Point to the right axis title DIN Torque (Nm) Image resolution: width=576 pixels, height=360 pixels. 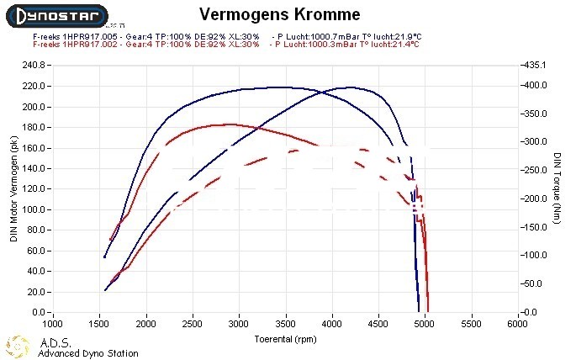tap(557, 188)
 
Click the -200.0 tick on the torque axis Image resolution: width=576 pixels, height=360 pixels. tap(536, 199)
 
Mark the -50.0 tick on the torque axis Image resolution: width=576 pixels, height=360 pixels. tap(536, 284)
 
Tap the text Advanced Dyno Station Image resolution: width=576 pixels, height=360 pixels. tap(88, 353)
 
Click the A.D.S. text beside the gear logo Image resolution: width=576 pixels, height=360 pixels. tap(56, 342)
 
